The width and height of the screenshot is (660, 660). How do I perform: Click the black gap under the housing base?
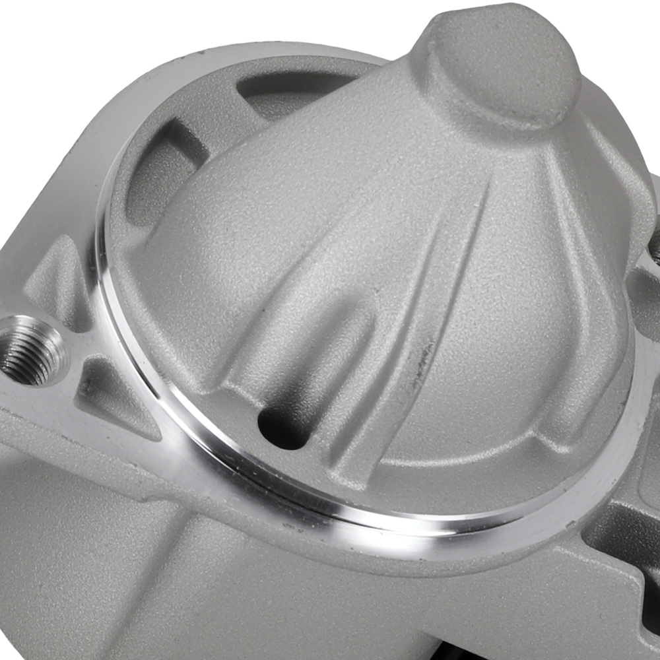pos(581,650)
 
